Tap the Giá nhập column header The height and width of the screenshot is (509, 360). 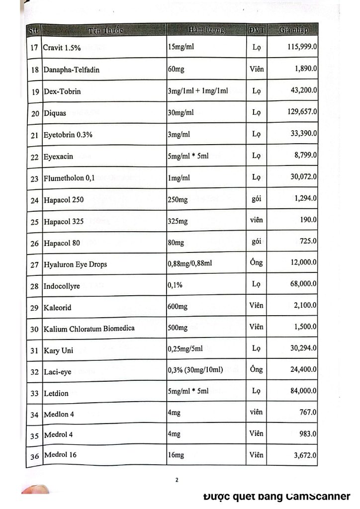point(293,30)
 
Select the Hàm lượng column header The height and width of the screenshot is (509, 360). point(206,30)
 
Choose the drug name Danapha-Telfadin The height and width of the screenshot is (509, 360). point(72,70)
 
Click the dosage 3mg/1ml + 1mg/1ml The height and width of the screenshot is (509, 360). point(198,91)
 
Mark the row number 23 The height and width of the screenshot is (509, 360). point(35,178)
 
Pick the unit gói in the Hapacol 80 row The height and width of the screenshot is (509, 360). point(257,242)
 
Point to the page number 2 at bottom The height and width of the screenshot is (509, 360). point(177,480)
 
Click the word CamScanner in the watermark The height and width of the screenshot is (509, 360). point(319,496)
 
